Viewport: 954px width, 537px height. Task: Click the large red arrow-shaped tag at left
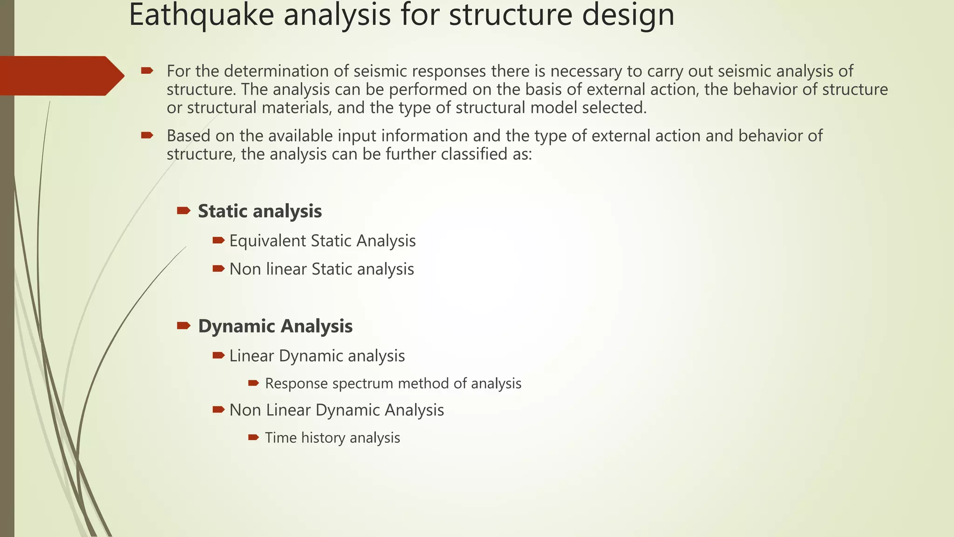[x=61, y=76]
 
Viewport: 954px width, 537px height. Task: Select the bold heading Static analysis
[x=259, y=211]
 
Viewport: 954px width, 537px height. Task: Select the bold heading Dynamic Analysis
[x=275, y=326]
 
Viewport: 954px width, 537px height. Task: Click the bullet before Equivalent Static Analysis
[x=218, y=241]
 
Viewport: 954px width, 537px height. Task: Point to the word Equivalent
[x=267, y=241]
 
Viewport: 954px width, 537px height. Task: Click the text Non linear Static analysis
[x=321, y=269]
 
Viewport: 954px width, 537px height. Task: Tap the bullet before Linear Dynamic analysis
[x=218, y=356]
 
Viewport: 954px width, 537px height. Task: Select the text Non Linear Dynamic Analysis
[x=336, y=410]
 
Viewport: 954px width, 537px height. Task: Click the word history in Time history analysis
[x=323, y=438]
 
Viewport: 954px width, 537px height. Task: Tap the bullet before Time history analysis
[x=253, y=437]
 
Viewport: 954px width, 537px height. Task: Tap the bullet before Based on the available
[x=147, y=136]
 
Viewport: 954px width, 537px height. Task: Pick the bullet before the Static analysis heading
[x=184, y=211]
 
